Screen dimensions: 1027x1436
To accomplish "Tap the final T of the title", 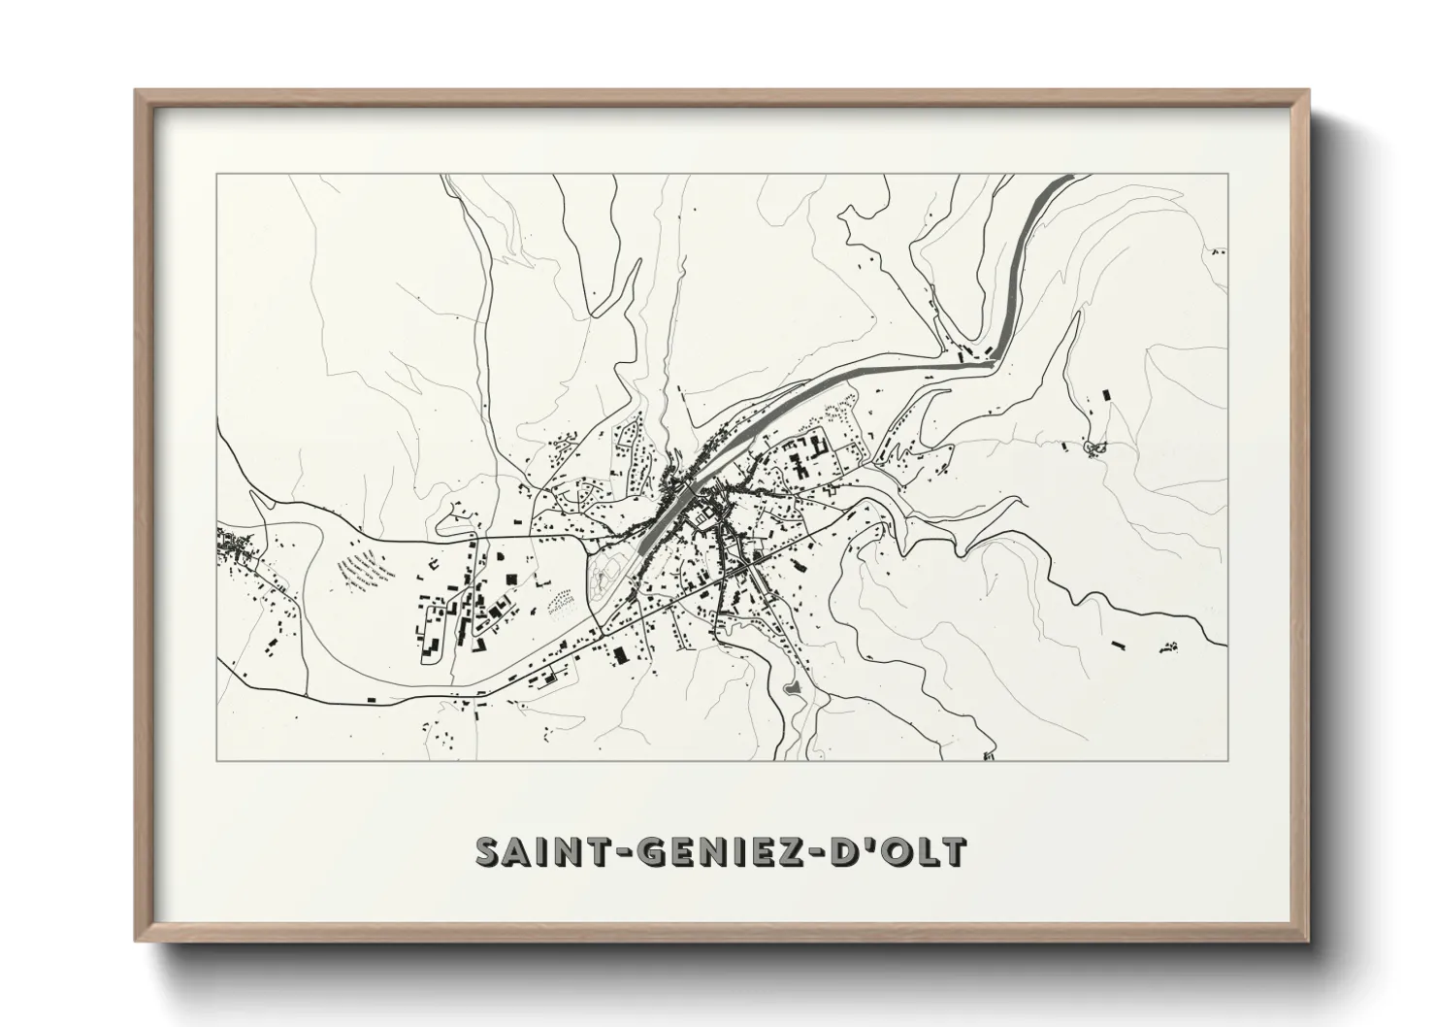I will point(955,851).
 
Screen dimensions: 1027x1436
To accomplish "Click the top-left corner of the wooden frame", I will point(137,91).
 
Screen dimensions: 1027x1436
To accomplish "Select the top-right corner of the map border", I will point(1228,174).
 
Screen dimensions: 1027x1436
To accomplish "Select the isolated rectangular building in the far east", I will point(1105,395).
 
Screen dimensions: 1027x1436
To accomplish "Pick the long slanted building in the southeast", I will point(1116,644).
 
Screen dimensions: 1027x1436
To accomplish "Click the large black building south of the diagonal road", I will point(619,655).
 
